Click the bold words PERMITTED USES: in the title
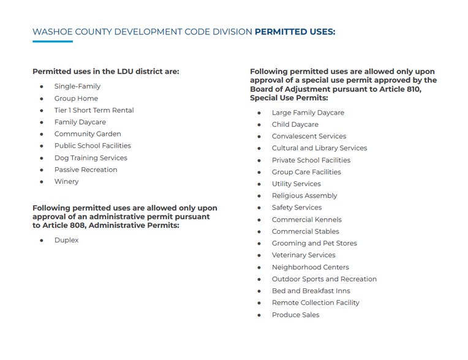pyautogui.click(x=295, y=32)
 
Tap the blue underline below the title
pyautogui.click(x=53, y=42)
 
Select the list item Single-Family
pyautogui.click(x=77, y=86)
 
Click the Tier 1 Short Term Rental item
pyautogui.click(x=94, y=110)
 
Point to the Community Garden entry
pyautogui.click(x=88, y=134)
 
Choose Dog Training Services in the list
pyautogui.click(x=91, y=158)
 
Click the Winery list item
pyautogui.click(x=66, y=182)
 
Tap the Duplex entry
pyautogui.click(x=66, y=241)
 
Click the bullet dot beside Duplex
pyautogui.click(x=42, y=241)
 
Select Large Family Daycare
pyautogui.click(x=308, y=113)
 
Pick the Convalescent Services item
pyautogui.click(x=309, y=137)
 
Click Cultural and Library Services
pyautogui.click(x=319, y=148)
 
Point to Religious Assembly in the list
pyautogui.click(x=304, y=196)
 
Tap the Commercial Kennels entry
pyautogui.click(x=307, y=220)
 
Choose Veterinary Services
pyautogui.click(x=304, y=255)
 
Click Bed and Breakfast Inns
pyautogui.click(x=311, y=291)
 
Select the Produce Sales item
pyautogui.click(x=296, y=315)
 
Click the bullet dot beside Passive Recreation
pyautogui.click(x=42, y=170)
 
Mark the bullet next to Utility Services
pyautogui.click(x=259, y=184)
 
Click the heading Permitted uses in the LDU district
pyautogui.click(x=106, y=72)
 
